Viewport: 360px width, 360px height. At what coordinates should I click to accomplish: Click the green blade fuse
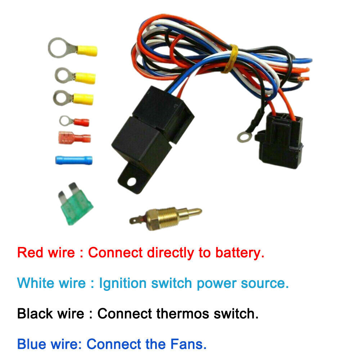(x=75, y=207)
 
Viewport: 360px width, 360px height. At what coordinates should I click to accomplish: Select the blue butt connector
(x=73, y=159)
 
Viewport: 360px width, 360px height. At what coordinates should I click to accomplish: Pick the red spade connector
(x=74, y=138)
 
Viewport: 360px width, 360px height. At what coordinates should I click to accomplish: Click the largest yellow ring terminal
(x=72, y=49)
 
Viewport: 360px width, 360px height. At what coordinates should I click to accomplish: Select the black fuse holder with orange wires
(x=280, y=140)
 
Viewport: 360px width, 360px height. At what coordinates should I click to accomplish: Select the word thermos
(x=180, y=314)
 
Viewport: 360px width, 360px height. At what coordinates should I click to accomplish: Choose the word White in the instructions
(x=37, y=283)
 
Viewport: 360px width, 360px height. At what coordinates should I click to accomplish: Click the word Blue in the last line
(x=32, y=345)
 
